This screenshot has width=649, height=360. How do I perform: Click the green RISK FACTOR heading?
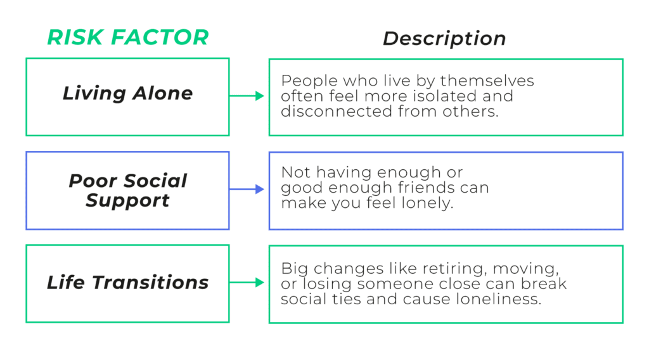click(x=127, y=38)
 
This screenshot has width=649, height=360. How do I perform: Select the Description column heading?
click(x=444, y=39)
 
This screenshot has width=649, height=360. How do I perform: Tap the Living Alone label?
click(x=127, y=94)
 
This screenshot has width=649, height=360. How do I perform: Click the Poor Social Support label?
click(x=127, y=190)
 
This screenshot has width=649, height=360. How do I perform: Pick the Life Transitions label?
click(x=127, y=282)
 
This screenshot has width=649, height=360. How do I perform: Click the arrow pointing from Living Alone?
click(x=247, y=96)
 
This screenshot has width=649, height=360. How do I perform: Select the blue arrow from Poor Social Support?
click(x=247, y=190)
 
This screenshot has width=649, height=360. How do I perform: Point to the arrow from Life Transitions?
click(x=247, y=283)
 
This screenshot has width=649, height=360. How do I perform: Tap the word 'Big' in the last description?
click(x=293, y=269)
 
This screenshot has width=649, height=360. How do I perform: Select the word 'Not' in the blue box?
click(x=293, y=173)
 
